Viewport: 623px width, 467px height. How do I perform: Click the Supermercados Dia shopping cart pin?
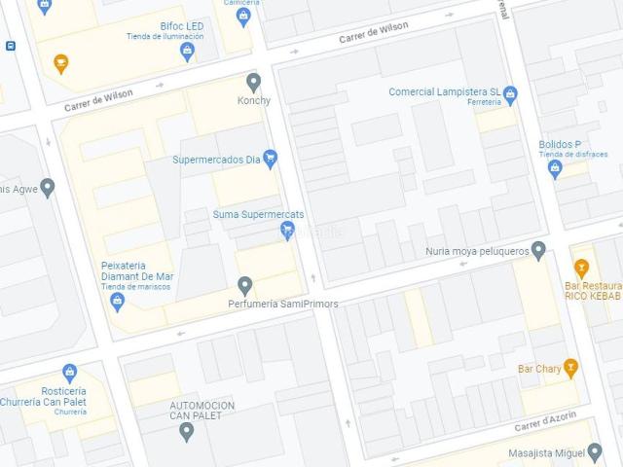[x=271, y=158]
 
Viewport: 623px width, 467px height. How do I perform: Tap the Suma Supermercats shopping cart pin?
[x=287, y=230]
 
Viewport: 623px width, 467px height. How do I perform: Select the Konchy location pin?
[x=254, y=82]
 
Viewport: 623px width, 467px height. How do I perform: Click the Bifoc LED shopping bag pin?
[x=188, y=53]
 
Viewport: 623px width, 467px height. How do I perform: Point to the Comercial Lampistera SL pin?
[x=510, y=93]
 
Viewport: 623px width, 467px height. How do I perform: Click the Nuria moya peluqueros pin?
[x=538, y=251]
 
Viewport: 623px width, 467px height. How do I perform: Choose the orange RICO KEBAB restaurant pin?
[x=582, y=268]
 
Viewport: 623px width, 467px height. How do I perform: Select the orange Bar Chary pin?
[x=570, y=368]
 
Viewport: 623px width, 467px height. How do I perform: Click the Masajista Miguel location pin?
[x=595, y=452]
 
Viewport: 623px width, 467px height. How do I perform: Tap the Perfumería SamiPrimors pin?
[x=245, y=285]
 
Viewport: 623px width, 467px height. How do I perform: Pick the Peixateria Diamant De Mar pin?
[x=118, y=302]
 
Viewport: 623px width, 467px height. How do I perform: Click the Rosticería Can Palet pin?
[x=69, y=373]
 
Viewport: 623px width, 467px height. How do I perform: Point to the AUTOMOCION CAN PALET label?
[x=202, y=410]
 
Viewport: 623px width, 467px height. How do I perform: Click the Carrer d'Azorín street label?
[x=545, y=421]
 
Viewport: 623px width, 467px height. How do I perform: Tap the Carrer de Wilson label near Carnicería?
[x=374, y=33]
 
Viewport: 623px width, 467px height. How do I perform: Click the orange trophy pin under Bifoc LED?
[x=61, y=64]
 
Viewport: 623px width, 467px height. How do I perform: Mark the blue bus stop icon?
[x=10, y=46]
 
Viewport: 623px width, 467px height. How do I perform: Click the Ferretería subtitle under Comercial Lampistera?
[x=484, y=102]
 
